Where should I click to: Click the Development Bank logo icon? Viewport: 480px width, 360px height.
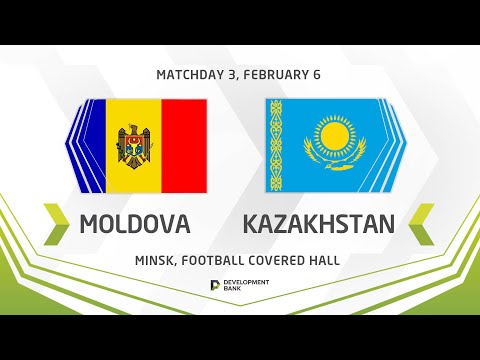coord(216,286)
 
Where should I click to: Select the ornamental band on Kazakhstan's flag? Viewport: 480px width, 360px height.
coord(278,146)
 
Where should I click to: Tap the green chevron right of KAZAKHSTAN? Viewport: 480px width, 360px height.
coord(421,221)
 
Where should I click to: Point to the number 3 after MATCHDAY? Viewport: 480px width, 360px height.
coord(229,75)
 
